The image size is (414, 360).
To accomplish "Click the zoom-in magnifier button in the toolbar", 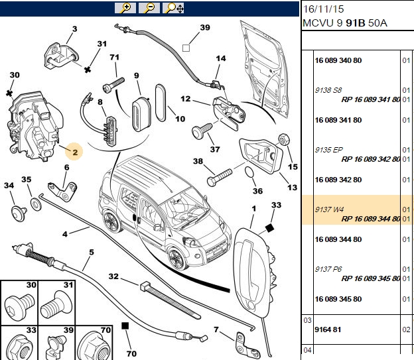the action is point(125,8).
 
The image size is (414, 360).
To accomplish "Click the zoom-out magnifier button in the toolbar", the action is point(149,8).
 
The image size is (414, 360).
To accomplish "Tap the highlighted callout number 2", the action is point(75,152).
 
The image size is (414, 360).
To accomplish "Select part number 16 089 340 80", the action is point(338,60).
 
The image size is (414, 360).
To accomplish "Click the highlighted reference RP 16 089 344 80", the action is point(371,219).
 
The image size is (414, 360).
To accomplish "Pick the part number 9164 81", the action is point(328,330).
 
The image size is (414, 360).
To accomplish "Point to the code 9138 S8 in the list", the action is point(328,90).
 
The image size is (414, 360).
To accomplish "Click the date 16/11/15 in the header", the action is point(323,9).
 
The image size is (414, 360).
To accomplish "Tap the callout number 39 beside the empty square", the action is point(205,27).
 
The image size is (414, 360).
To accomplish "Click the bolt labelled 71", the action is point(113,85).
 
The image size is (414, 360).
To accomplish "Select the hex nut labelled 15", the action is point(284,139).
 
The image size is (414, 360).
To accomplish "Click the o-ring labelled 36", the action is point(249,172).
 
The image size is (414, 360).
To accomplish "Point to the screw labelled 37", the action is point(202,131).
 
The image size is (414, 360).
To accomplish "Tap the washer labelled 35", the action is point(36,204).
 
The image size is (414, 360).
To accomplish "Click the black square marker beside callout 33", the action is point(269,228).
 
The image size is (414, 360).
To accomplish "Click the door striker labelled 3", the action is point(61,56).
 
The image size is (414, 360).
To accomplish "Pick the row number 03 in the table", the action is point(307,320).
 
